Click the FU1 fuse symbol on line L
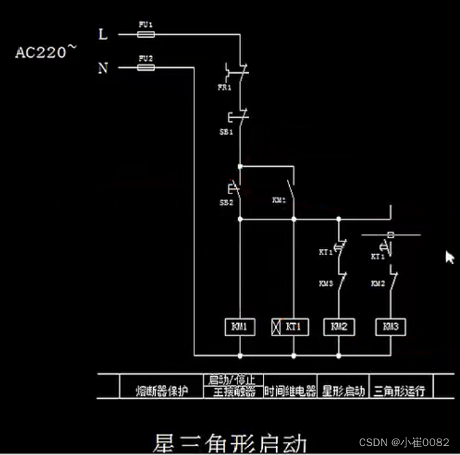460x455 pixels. [146, 34]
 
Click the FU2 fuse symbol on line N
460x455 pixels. [146, 67]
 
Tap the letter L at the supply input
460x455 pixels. [103, 34]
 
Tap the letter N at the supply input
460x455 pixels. [103, 68]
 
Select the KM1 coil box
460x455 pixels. [240, 327]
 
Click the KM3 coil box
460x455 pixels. [390, 327]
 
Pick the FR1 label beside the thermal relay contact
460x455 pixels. [225, 88]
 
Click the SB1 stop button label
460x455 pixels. [226, 131]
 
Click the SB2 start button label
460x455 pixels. [226, 203]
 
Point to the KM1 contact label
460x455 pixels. [279, 200]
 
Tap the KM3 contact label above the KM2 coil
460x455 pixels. [325, 283]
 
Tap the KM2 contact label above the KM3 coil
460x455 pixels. [378, 283]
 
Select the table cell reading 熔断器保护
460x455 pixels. [161, 390]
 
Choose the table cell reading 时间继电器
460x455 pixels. [290, 390]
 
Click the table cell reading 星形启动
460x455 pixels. [343, 390]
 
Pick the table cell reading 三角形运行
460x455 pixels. [398, 390]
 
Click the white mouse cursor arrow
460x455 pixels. [449, 257]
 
